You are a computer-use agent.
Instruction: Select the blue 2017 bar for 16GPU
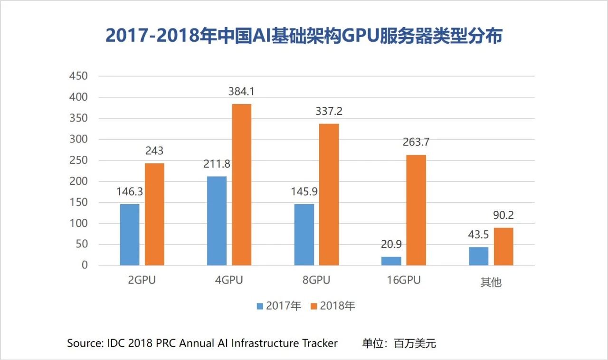pyautogui.click(x=391, y=261)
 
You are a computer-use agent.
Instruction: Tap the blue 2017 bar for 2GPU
pyautogui.click(x=130, y=235)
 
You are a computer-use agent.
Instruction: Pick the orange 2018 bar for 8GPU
pyautogui.click(x=329, y=194)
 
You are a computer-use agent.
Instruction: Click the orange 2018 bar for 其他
pyautogui.click(x=503, y=246)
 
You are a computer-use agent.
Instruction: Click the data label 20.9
pyautogui.click(x=391, y=245)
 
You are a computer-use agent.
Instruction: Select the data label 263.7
pyautogui.click(x=416, y=142)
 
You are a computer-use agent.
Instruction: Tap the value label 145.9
pyautogui.click(x=304, y=192)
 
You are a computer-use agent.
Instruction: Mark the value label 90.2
pyautogui.click(x=503, y=216)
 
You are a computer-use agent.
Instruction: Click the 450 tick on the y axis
pyautogui.click(x=78, y=76)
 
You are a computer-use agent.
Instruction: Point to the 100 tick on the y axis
pyautogui.click(x=78, y=223)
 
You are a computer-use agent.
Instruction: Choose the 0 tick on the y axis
pyautogui.click(x=85, y=265)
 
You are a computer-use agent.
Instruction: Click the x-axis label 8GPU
pyautogui.click(x=316, y=280)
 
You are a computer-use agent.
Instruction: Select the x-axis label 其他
pyautogui.click(x=491, y=282)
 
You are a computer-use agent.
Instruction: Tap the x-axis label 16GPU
pyautogui.click(x=403, y=280)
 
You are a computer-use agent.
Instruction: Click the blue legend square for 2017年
pyautogui.click(x=260, y=306)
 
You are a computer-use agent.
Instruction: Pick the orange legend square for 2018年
pyautogui.click(x=313, y=306)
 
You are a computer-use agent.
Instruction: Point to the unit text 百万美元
pyautogui.click(x=415, y=343)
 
